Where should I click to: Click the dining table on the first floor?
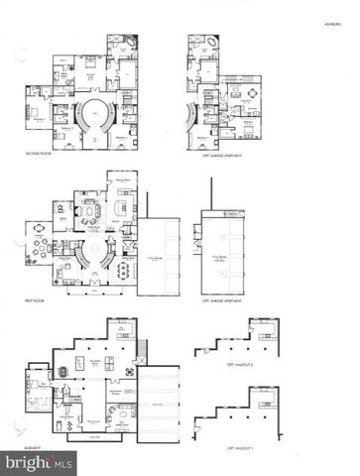pos(125,269)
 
